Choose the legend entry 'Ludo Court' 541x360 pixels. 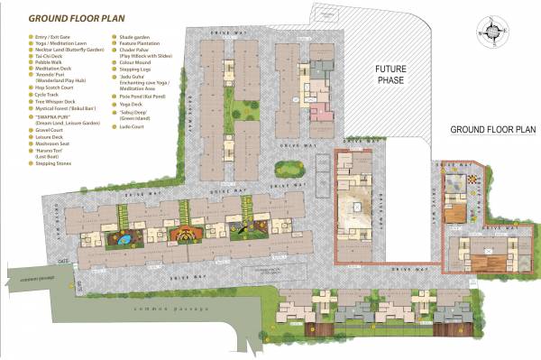pos(131,126)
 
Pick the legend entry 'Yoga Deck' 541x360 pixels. pos(132,104)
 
